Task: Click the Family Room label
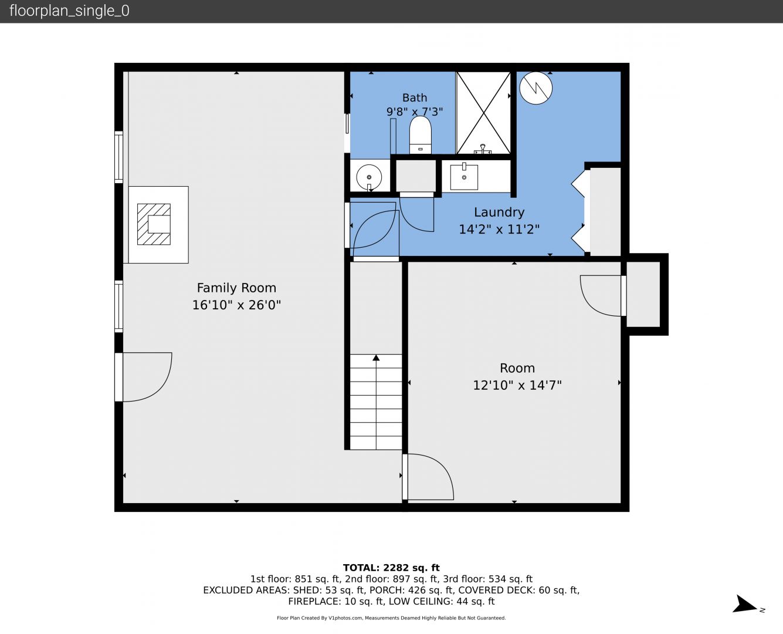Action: click(x=236, y=288)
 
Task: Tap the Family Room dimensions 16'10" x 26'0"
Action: click(x=236, y=305)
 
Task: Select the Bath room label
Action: click(x=415, y=97)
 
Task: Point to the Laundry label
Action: click(x=499, y=213)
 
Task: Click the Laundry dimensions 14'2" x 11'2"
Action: click(x=499, y=230)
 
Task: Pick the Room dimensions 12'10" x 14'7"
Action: click(x=517, y=385)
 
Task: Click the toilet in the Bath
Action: click(x=420, y=134)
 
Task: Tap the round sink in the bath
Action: click(x=369, y=177)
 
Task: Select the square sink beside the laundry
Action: click(x=464, y=177)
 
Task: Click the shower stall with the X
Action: click(x=483, y=113)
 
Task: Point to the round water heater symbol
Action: click(x=535, y=88)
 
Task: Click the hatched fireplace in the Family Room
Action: click(x=154, y=224)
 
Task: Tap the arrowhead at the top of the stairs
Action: click(x=376, y=358)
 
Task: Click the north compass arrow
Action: click(x=745, y=604)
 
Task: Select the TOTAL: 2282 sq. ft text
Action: click(x=391, y=568)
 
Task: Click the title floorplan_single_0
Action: click(x=69, y=11)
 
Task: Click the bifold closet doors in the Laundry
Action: click(x=578, y=212)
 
